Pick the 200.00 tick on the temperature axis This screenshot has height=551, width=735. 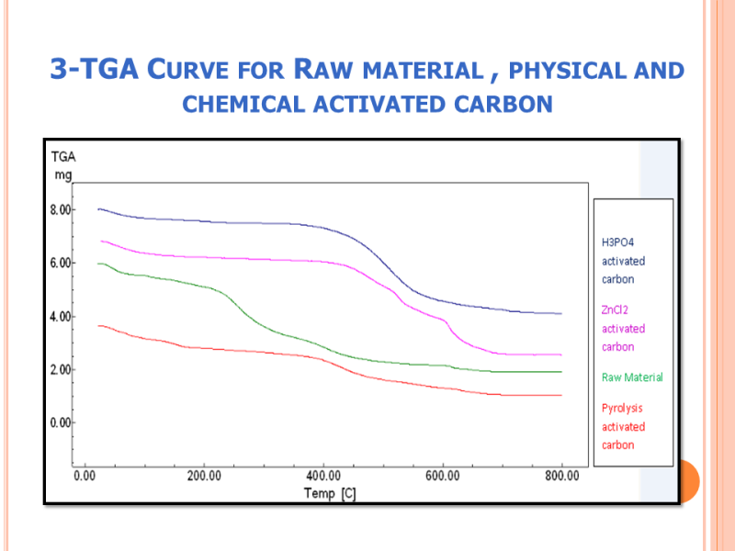click(x=204, y=477)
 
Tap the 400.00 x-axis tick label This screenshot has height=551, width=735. click(x=323, y=477)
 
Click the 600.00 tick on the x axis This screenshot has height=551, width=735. click(x=443, y=477)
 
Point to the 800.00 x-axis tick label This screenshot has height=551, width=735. click(x=561, y=477)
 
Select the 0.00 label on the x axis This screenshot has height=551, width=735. click(x=85, y=477)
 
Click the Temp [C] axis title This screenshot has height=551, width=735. click(x=330, y=494)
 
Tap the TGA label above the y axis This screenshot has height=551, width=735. click(x=62, y=157)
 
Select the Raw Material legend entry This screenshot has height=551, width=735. click(x=632, y=377)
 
